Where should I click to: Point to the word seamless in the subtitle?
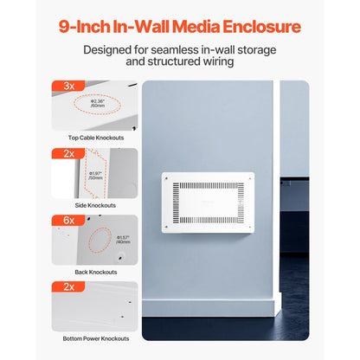184,49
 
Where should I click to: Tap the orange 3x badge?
67,87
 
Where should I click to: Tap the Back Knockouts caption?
94,273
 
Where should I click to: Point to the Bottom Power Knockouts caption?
94,338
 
